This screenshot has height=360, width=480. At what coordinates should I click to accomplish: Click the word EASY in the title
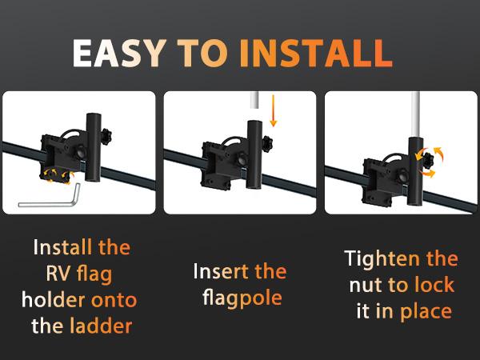point(119,53)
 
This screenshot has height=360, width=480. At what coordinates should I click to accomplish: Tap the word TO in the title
point(203,53)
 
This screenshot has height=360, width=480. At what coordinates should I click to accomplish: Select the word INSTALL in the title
point(316,53)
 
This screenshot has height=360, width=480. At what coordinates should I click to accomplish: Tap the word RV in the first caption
point(58,274)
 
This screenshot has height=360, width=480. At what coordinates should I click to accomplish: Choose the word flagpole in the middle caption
point(239,298)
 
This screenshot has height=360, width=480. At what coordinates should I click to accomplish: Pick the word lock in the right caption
point(434,286)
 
